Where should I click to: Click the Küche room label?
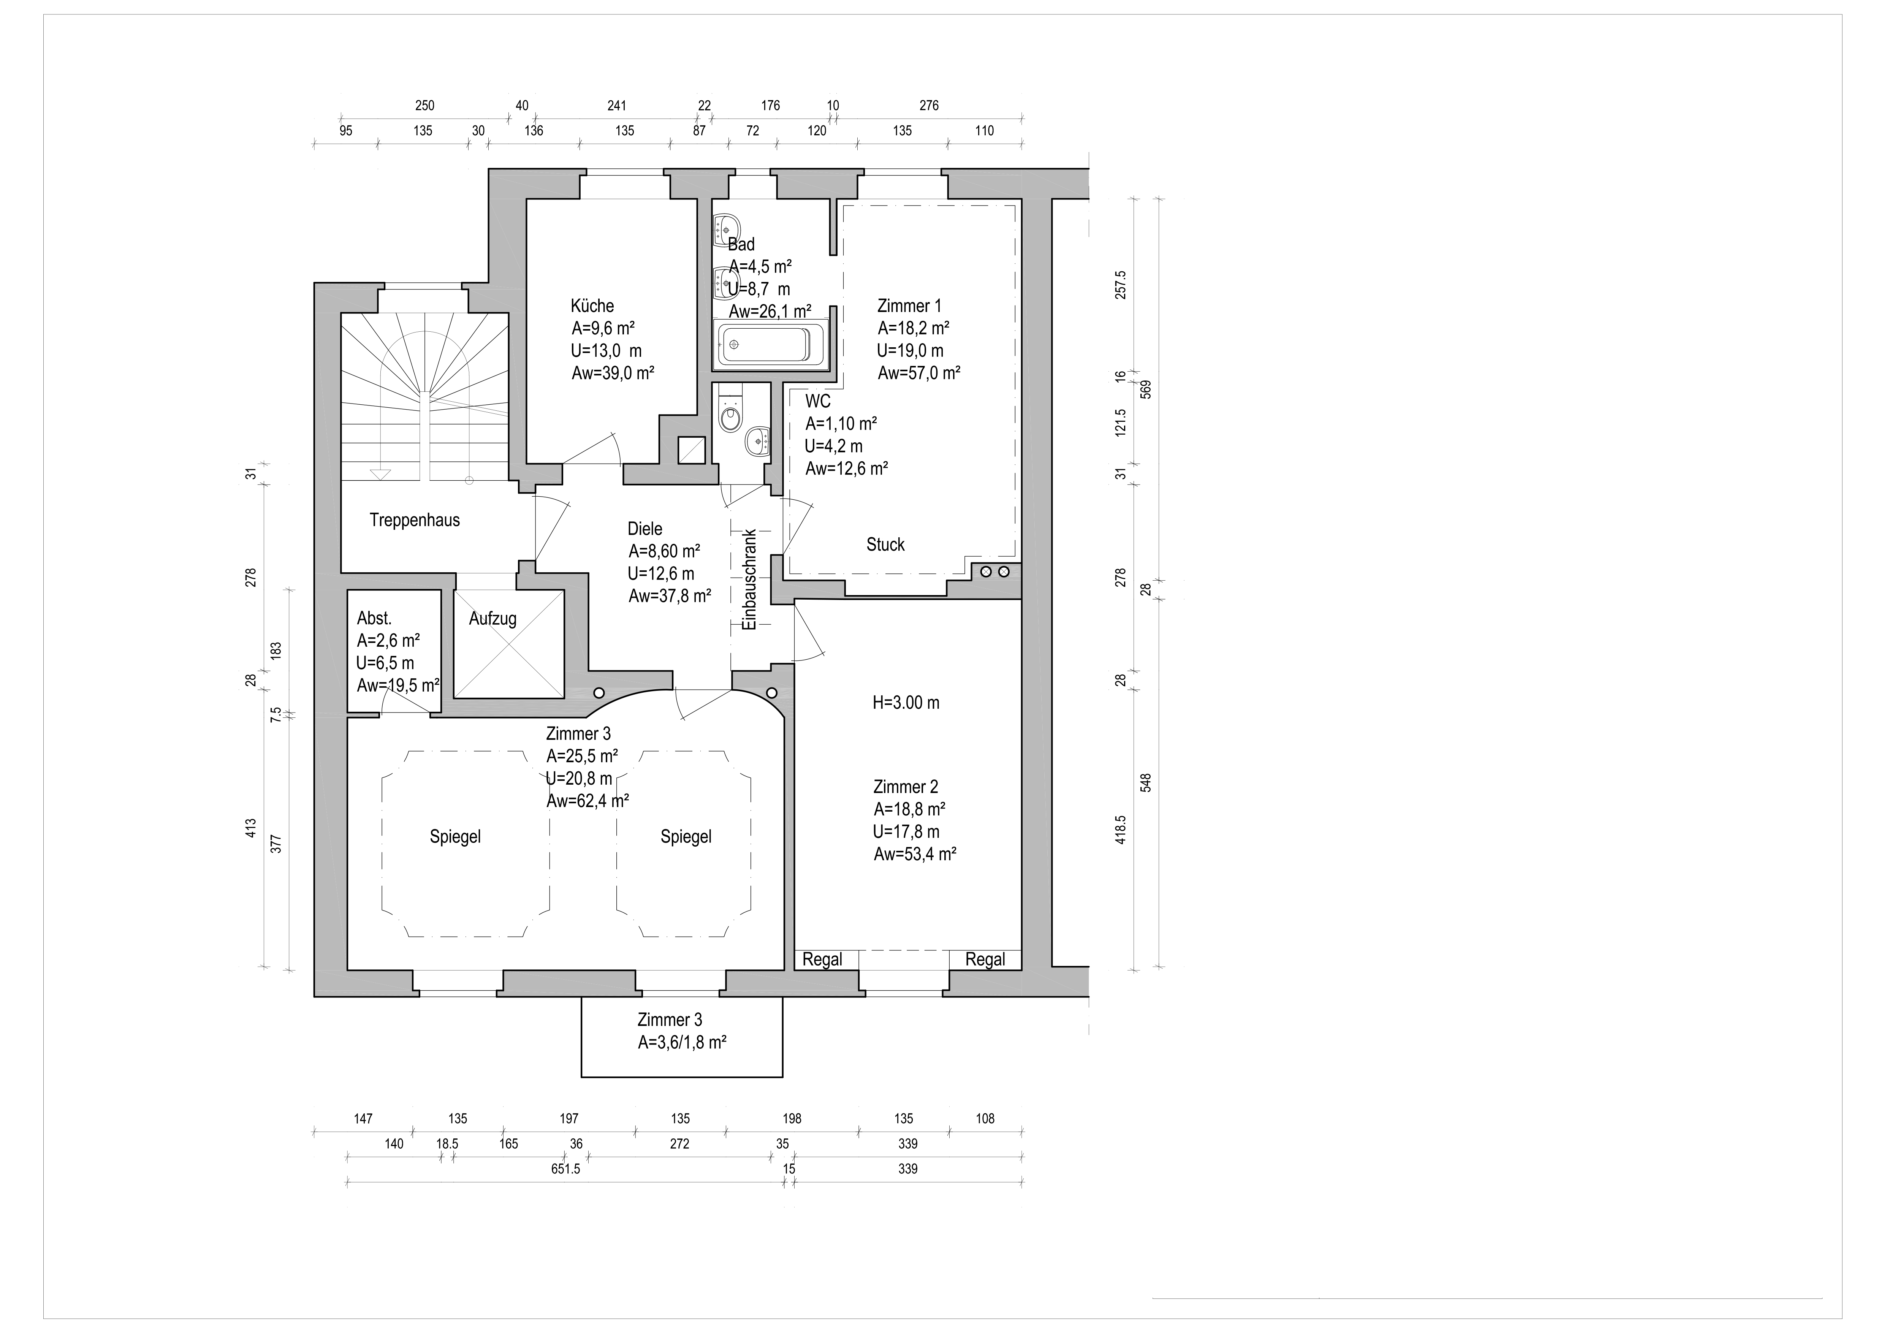click(592, 306)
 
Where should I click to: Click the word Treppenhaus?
click(415, 520)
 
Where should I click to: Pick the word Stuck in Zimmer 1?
click(885, 545)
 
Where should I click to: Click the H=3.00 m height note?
click(906, 702)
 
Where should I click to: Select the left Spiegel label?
click(455, 837)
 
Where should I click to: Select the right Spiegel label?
click(686, 837)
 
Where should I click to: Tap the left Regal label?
click(822, 959)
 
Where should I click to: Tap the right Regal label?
click(985, 959)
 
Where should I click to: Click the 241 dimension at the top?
click(617, 105)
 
